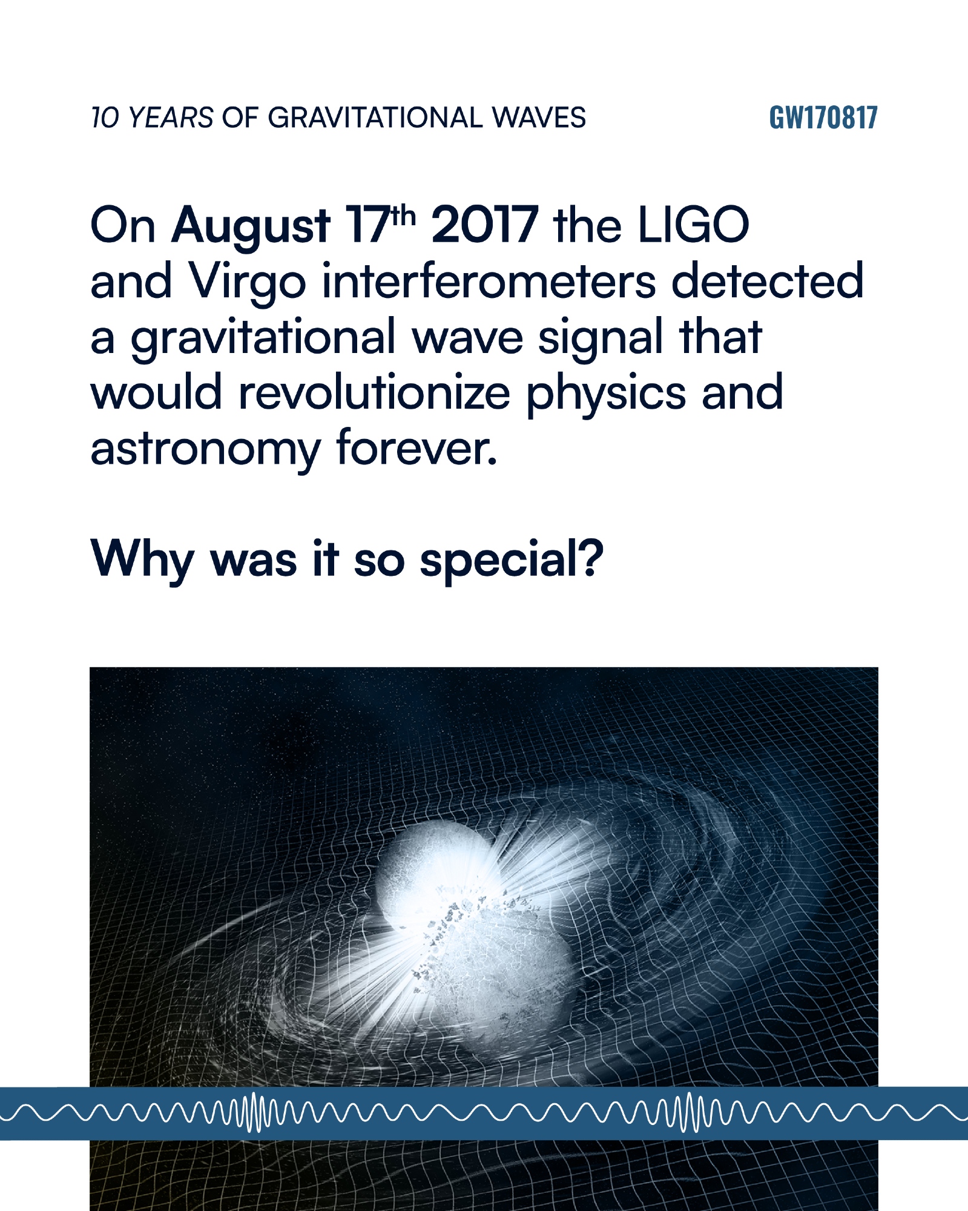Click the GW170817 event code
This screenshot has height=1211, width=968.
point(823,117)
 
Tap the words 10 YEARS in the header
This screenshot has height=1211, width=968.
point(152,117)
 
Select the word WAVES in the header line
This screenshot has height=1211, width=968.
point(539,117)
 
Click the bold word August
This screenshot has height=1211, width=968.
point(251,226)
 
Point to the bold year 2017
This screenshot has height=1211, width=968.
point(484,225)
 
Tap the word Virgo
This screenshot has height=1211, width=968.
point(248,282)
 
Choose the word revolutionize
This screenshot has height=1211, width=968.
point(375,392)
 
